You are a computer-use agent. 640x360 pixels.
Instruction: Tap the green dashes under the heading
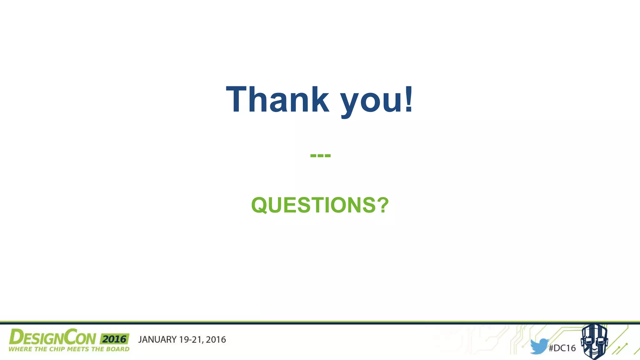320,155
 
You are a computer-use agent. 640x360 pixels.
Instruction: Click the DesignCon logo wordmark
52,337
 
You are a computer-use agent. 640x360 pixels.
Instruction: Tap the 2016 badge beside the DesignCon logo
114,339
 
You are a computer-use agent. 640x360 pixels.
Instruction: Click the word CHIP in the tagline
57,349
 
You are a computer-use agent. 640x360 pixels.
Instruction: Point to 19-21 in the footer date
191,340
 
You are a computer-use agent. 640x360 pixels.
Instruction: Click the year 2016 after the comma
216,340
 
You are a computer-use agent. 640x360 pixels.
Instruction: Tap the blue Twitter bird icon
539,346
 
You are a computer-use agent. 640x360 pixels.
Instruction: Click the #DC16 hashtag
562,348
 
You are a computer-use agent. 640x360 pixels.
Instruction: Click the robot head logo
594,342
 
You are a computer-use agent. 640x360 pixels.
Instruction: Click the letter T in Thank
237,99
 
